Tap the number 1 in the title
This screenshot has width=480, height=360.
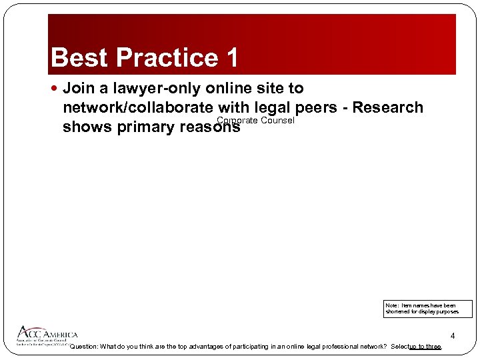click(x=231, y=58)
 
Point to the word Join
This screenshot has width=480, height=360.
click(x=79, y=88)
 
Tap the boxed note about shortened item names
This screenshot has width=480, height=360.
click(x=427, y=309)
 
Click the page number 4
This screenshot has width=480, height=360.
click(x=453, y=335)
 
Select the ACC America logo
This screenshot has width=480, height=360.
click(x=47, y=335)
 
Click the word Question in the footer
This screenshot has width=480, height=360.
click(x=83, y=347)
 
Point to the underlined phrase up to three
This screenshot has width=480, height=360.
click(x=425, y=347)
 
